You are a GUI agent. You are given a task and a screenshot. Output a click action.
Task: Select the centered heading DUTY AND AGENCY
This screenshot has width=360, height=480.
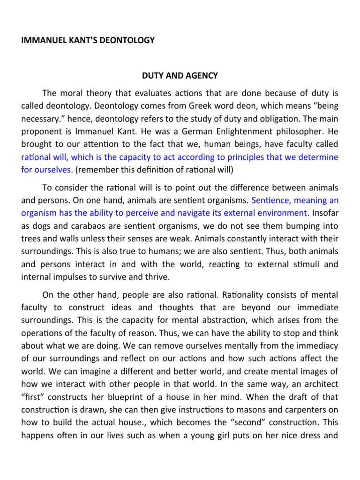pos(180,75)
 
